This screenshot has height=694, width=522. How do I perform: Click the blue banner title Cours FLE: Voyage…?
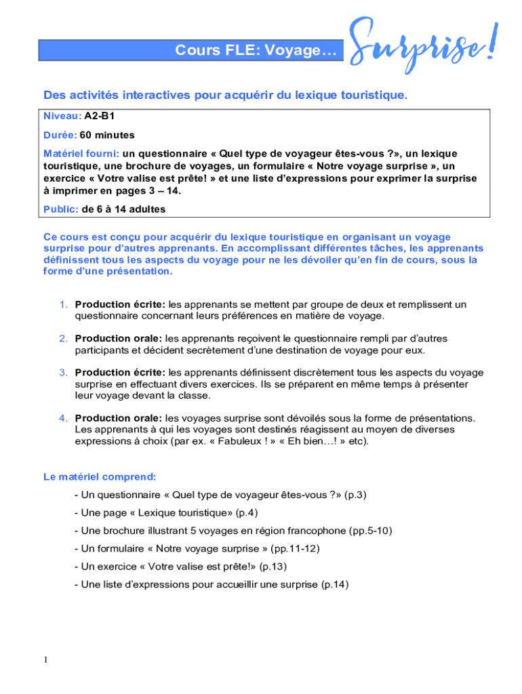tap(256, 50)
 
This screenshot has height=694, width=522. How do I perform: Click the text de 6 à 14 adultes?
tap(123, 209)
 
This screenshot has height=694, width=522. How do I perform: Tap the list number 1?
tap(62, 304)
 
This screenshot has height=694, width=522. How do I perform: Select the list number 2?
tap(62, 338)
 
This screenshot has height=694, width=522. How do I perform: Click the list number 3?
tap(62, 372)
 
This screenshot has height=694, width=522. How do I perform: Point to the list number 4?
tap(62, 417)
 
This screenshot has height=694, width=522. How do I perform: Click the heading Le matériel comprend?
tap(100, 477)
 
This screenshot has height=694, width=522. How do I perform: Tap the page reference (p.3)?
tap(355, 495)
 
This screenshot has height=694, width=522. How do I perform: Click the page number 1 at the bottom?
tap(45, 659)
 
